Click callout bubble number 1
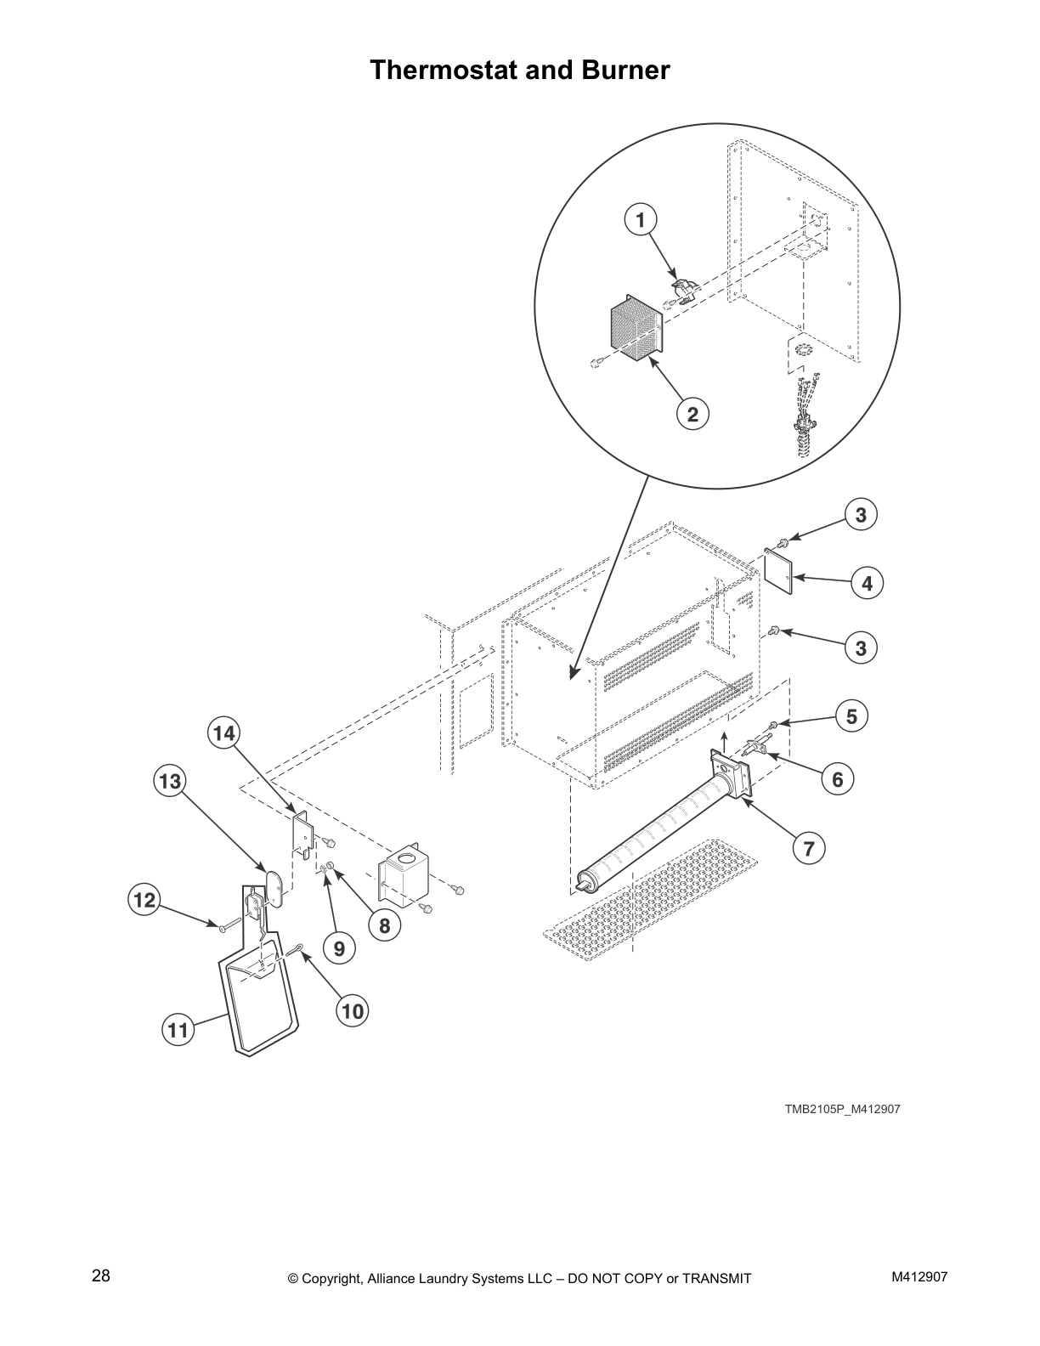pyautogui.click(x=641, y=220)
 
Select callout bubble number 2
pyautogui.click(x=692, y=414)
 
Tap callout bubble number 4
pyautogui.click(x=867, y=584)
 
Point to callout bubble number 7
pyautogui.click(x=809, y=847)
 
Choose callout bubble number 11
pyautogui.click(x=177, y=1031)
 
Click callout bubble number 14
pyautogui.click(x=223, y=732)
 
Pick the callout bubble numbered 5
pyautogui.click(x=851, y=716)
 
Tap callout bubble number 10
pyautogui.click(x=352, y=1010)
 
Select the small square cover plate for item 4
pyautogui.click(x=779, y=570)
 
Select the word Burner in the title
pyautogui.click(x=625, y=70)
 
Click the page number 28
pyautogui.click(x=100, y=1276)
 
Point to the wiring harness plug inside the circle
pyautogui.click(x=803, y=416)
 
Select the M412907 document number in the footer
pyautogui.click(x=919, y=1277)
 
